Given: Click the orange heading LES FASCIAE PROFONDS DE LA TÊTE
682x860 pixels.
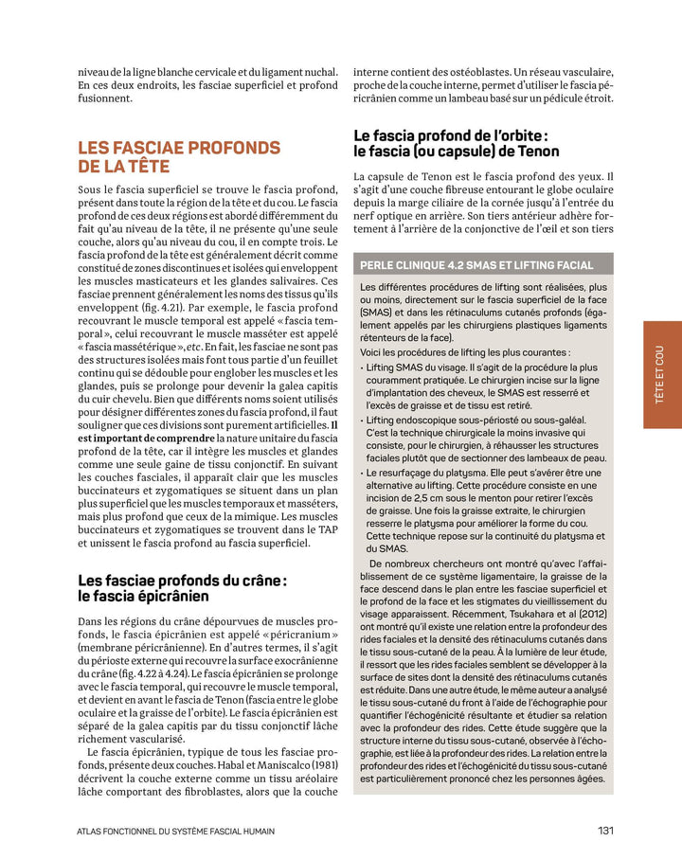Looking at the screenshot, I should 179,157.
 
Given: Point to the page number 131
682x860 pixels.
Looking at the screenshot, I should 606,831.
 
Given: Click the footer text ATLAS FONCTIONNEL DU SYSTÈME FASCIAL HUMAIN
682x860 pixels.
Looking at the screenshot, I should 176,832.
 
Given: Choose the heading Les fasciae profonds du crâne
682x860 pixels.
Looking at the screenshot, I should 182,579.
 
